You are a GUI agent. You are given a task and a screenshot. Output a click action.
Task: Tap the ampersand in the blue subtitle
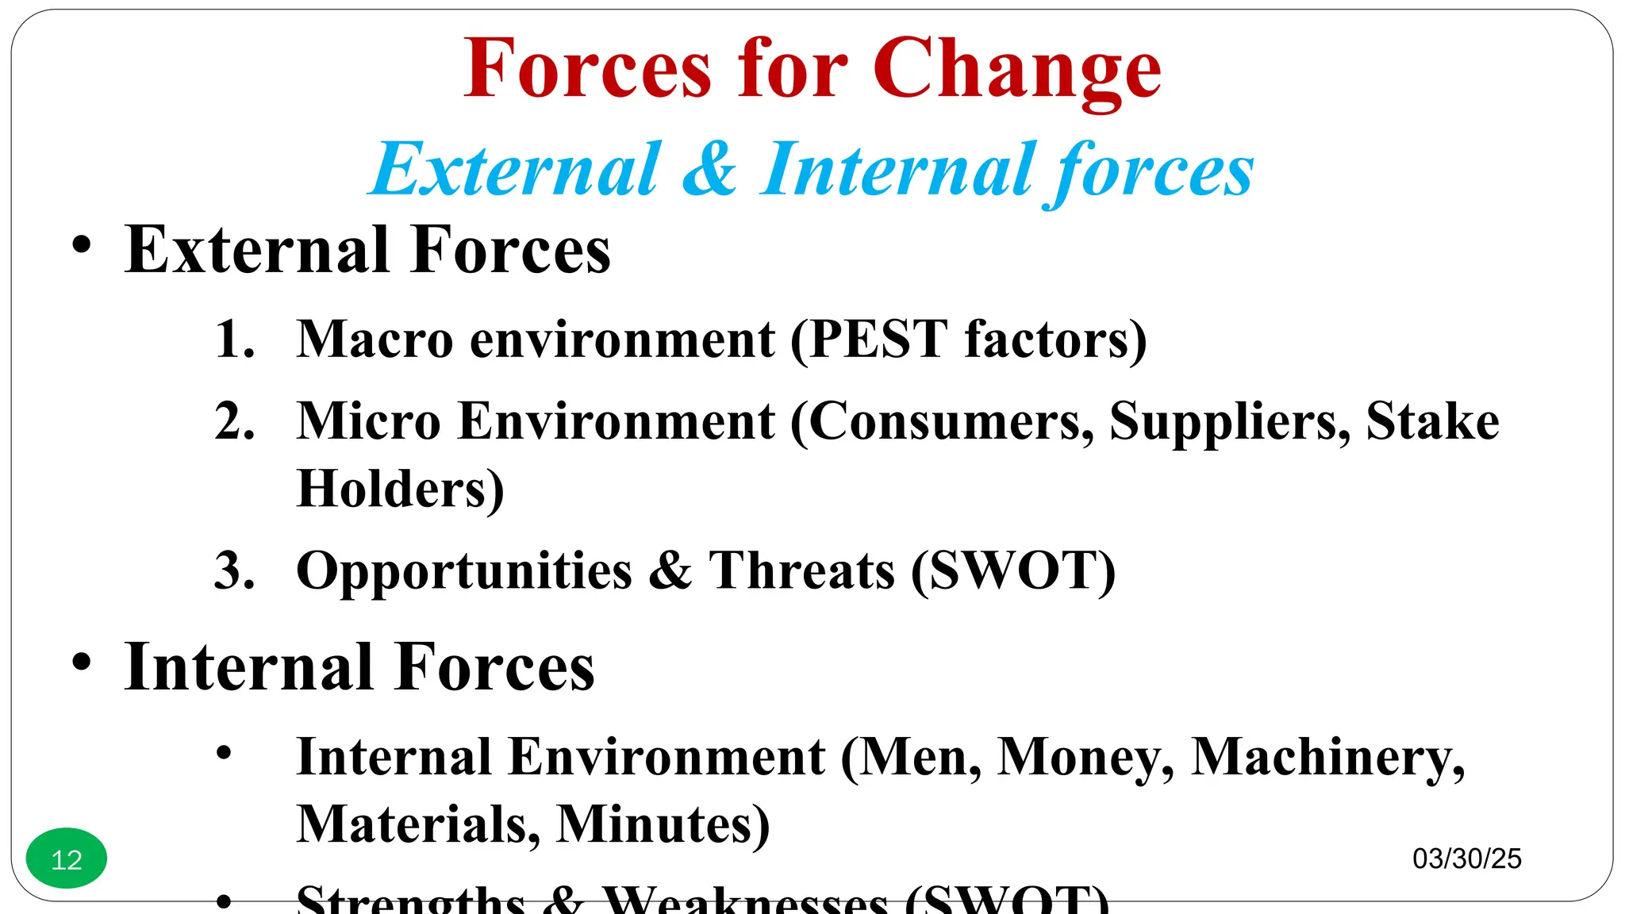coord(709,169)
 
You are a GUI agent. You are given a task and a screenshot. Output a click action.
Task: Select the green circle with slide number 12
coord(67,858)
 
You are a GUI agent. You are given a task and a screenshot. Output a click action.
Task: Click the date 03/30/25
coord(1467,858)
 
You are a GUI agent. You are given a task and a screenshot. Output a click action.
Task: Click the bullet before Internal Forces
coord(81,661)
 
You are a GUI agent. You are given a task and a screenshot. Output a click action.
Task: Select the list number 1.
coord(235,340)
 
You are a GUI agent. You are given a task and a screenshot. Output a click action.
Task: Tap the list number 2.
coord(235,421)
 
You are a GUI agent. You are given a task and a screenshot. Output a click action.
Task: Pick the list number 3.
coord(235,570)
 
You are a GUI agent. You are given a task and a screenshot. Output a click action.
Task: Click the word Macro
coord(375,340)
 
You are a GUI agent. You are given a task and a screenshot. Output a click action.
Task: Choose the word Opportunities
coord(464,572)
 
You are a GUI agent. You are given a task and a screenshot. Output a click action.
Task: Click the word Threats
coord(801,570)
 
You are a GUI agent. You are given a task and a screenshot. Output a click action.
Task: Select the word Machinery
coord(1327,758)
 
